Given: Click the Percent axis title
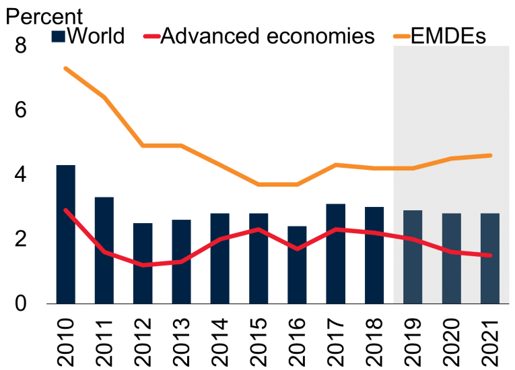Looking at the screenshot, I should (44, 15).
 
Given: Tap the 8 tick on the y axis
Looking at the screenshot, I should (21, 47).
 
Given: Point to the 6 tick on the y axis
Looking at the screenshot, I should (21, 111).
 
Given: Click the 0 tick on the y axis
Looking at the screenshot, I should (21, 304).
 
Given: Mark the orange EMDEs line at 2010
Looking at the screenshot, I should (65, 68).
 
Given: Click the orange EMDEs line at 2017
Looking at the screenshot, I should (336, 164).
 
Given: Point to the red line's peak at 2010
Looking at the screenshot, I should (65, 210).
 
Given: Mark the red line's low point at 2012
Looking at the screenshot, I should (143, 265).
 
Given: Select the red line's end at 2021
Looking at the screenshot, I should (490, 255).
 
